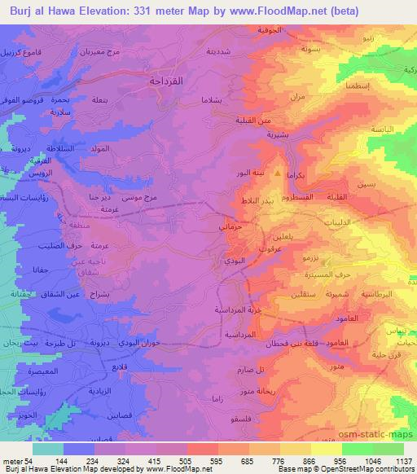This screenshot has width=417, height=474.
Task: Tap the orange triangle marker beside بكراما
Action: click(x=279, y=174)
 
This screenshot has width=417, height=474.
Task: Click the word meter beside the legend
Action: click(x=11, y=460)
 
